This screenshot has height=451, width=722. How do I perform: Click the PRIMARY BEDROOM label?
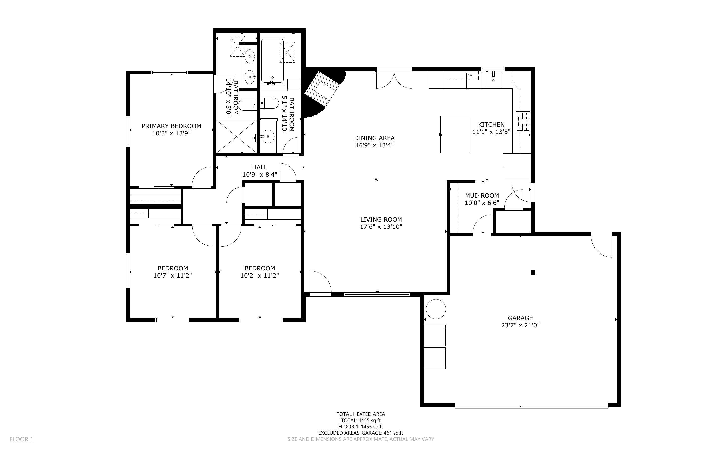coord(171,126)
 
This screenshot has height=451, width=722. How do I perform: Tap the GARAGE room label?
coord(520,318)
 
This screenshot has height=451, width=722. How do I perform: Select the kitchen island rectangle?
coord(455,134)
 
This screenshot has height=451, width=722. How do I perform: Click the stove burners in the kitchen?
coord(523,121)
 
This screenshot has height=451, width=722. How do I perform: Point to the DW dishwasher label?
coord(470,75)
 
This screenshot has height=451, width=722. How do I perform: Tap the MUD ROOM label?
coord(482,195)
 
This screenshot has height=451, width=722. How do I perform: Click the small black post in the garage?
coord(533,272)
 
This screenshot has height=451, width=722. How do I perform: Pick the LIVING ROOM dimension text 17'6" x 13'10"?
coord(381,227)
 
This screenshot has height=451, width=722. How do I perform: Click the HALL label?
coord(260,167)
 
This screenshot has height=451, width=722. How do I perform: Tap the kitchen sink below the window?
coord(493,80)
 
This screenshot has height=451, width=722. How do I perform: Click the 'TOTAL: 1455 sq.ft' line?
coord(361,421)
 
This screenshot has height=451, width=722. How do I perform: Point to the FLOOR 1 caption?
coord(21,439)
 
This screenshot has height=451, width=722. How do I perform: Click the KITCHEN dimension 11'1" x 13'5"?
coord(491,132)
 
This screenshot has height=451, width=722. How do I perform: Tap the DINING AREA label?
coord(374,138)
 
